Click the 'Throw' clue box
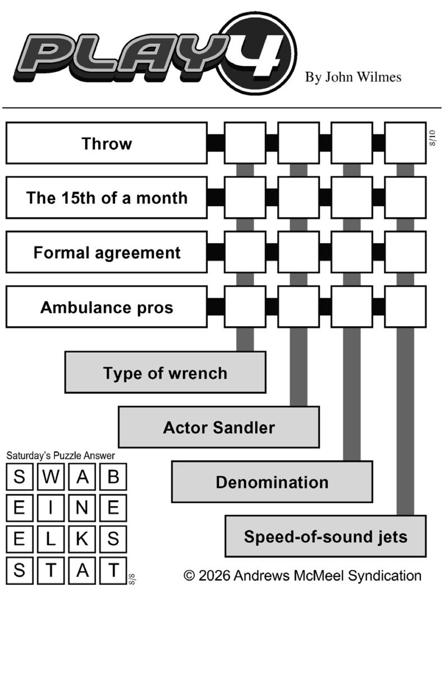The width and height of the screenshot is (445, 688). click(107, 143)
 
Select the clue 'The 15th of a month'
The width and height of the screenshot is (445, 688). click(107, 198)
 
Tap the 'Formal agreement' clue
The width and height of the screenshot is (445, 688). click(107, 252)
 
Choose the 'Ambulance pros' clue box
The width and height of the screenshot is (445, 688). click(107, 307)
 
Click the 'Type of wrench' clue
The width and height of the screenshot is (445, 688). click(166, 372)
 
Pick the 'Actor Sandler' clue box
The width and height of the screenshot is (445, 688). click(219, 427)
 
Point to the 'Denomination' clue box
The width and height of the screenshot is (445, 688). click(272, 482)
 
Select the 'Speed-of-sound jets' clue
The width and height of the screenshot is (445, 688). click(325, 536)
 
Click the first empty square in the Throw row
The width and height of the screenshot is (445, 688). click(245, 143)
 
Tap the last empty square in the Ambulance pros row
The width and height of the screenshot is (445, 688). click(405, 307)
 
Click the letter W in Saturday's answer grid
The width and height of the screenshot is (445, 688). click(51, 477)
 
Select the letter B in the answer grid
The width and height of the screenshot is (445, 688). click(113, 477)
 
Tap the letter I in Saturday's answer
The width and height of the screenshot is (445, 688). click(51, 507)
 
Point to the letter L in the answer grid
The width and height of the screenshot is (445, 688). click(51, 539)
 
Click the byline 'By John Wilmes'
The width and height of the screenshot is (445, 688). click(353, 77)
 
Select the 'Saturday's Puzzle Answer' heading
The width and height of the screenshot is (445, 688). click(61, 455)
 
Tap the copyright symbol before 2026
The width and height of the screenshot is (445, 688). click(189, 576)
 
